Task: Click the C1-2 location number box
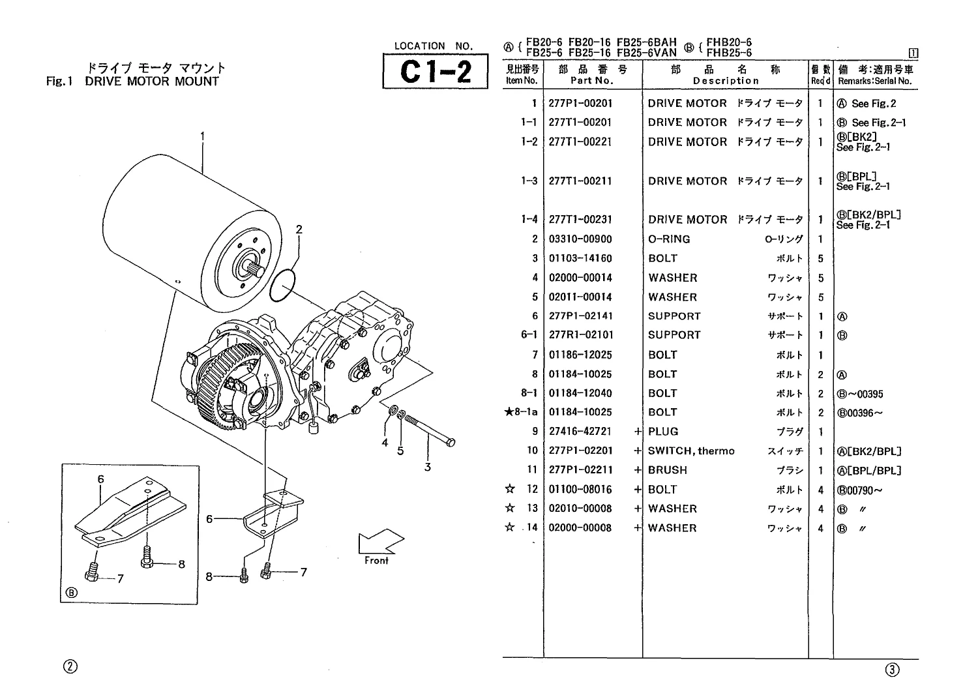click(x=436, y=71)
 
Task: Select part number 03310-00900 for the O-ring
click(x=580, y=239)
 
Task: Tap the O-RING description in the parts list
click(x=669, y=239)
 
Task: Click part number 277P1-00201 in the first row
click(x=580, y=104)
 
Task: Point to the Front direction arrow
click(x=380, y=542)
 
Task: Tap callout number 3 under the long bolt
click(x=428, y=467)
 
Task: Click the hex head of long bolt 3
click(x=451, y=443)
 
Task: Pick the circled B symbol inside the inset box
click(x=71, y=593)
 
